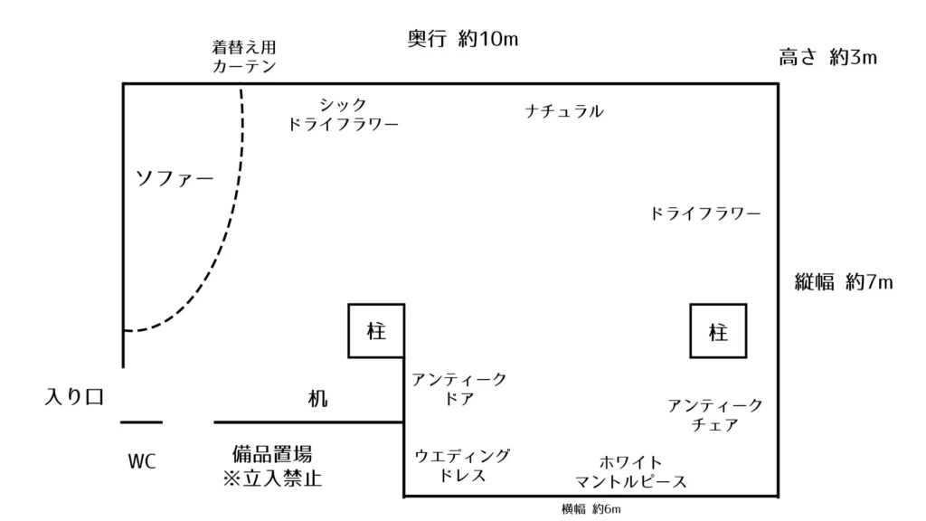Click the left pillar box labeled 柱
[376, 331]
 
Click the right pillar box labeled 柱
[719, 331]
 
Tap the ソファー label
[174, 177]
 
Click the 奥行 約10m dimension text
[468, 40]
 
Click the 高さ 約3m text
[829, 59]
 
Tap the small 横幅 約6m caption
[591, 509]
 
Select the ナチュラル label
[564, 112]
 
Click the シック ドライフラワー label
[343, 115]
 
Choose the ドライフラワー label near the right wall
[705, 214]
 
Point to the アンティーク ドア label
[459, 388]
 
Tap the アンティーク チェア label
[715, 413]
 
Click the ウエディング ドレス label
[462, 465]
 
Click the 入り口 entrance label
[77, 396]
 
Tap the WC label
[142, 462]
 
